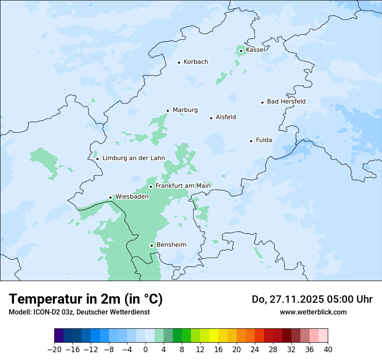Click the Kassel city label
pyautogui.click(x=255, y=50)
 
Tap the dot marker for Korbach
pyautogui.click(x=179, y=62)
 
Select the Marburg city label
pyautogui.click(x=185, y=110)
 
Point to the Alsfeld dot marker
pyautogui.click(x=211, y=118)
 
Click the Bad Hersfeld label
pyautogui.click(x=286, y=101)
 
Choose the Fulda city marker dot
pyautogui.click(x=251, y=141)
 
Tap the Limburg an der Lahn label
pyautogui.click(x=133, y=158)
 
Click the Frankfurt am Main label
pyautogui.click(x=183, y=186)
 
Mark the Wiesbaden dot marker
pyautogui.click(x=111, y=198)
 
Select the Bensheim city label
pyautogui.click(x=171, y=245)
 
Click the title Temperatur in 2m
pyautogui.click(x=86, y=299)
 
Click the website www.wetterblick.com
pyautogui.click(x=313, y=312)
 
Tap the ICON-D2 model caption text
pyautogui.click(x=79, y=312)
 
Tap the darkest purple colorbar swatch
pyautogui.click(x=59, y=336)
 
